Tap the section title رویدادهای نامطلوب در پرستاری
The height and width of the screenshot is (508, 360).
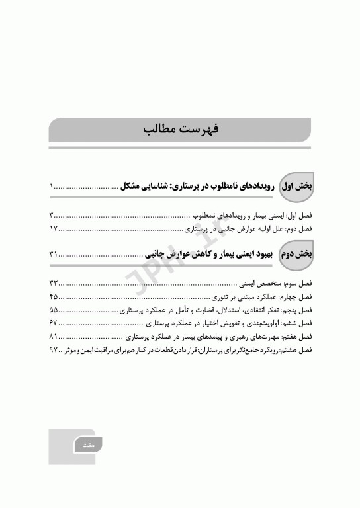[x=225, y=187]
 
